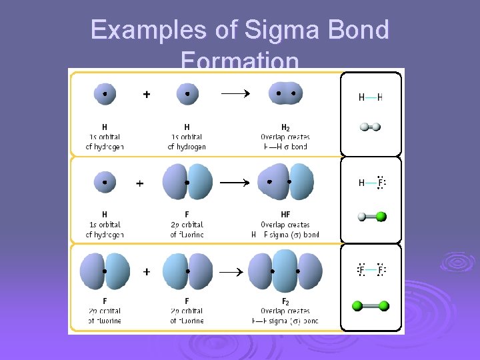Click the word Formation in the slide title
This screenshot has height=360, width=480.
(239, 61)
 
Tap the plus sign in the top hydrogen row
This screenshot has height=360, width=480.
(146, 95)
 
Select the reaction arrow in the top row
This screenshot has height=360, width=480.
(235, 94)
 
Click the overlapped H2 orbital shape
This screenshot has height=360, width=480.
(285, 94)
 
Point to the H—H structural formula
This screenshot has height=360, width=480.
(371, 97)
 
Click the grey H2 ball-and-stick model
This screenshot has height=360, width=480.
(371, 127)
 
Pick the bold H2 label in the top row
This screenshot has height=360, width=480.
(285, 127)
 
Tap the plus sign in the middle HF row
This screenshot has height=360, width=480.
(140, 183)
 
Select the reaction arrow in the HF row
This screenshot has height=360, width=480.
(235, 182)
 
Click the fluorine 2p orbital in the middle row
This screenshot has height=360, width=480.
(187, 182)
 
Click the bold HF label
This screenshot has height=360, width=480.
(285, 215)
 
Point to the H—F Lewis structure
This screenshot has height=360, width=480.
(373, 183)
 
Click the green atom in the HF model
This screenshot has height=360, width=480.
(381, 216)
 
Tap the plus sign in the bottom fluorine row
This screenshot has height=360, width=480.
(146, 272)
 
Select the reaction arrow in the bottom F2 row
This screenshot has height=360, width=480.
(235, 272)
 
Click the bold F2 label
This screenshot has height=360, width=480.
(285, 301)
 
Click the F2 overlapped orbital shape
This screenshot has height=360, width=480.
(285, 272)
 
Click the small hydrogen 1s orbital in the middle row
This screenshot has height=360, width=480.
(105, 181)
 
